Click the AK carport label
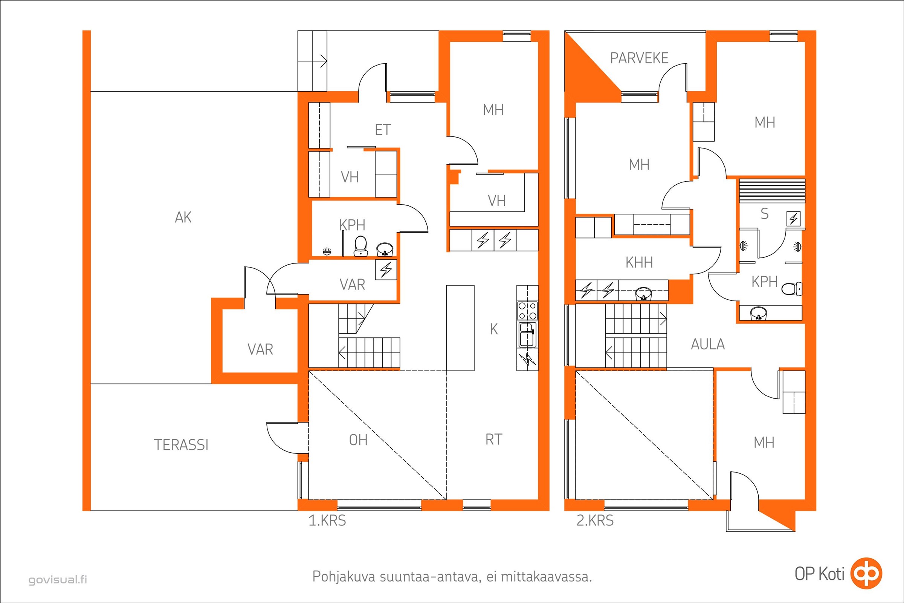[x=183, y=218]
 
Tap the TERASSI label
[x=181, y=445]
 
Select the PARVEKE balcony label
[x=639, y=58]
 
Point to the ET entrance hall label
[x=383, y=130]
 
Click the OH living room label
[x=358, y=440]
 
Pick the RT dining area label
[x=494, y=439]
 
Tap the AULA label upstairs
[x=708, y=344]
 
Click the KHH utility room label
[x=639, y=263]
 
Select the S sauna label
[x=765, y=214]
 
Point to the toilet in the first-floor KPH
[x=360, y=246]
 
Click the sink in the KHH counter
[x=643, y=294]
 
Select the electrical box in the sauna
[x=794, y=219]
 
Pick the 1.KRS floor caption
[x=327, y=521]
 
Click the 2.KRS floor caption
[x=595, y=521]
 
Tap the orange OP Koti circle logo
[x=866, y=574]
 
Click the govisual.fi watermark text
[x=58, y=580]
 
